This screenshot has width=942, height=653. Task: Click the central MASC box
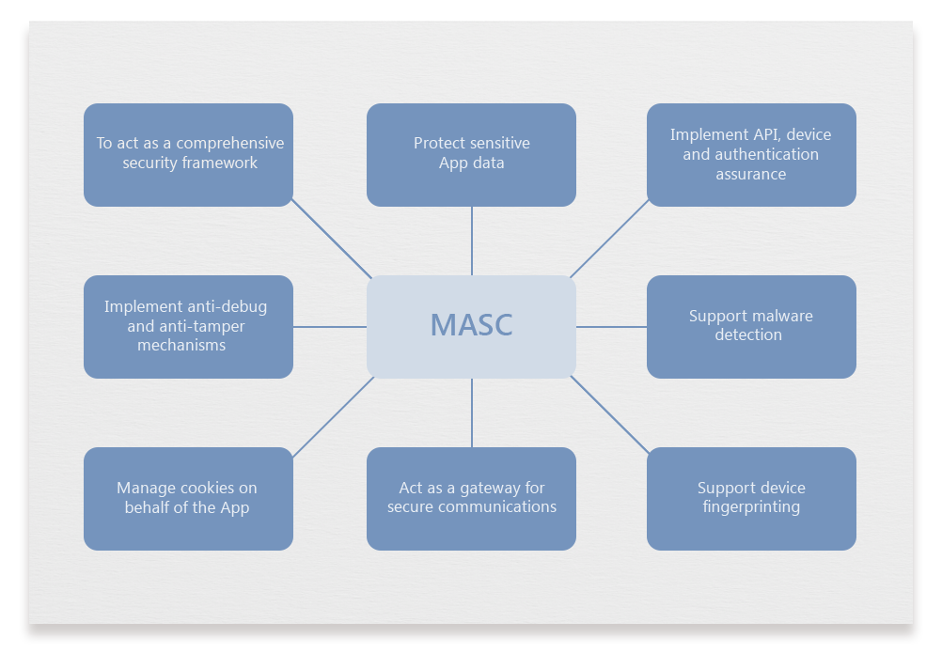471,327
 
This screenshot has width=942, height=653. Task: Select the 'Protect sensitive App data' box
471,154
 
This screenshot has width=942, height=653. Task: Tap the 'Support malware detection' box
751,327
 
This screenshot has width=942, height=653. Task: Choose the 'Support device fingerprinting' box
751,498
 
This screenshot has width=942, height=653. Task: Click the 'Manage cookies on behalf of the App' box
188,498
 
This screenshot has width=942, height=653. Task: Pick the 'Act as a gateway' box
471,498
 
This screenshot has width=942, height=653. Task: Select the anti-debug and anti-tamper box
188,327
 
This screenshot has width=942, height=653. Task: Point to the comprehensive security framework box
188,154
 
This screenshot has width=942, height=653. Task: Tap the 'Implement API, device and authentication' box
751,154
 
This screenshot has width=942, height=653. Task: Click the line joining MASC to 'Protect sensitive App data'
472,241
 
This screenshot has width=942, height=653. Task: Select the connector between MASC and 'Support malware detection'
611,327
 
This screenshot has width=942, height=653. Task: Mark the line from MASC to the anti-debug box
330,327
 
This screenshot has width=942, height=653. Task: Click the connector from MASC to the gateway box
472,412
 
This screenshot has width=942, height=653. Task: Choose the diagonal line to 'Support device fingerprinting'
609,414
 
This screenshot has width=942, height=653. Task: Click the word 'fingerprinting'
751,507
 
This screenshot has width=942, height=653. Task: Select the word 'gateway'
487,488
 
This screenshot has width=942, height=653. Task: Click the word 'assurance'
751,174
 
